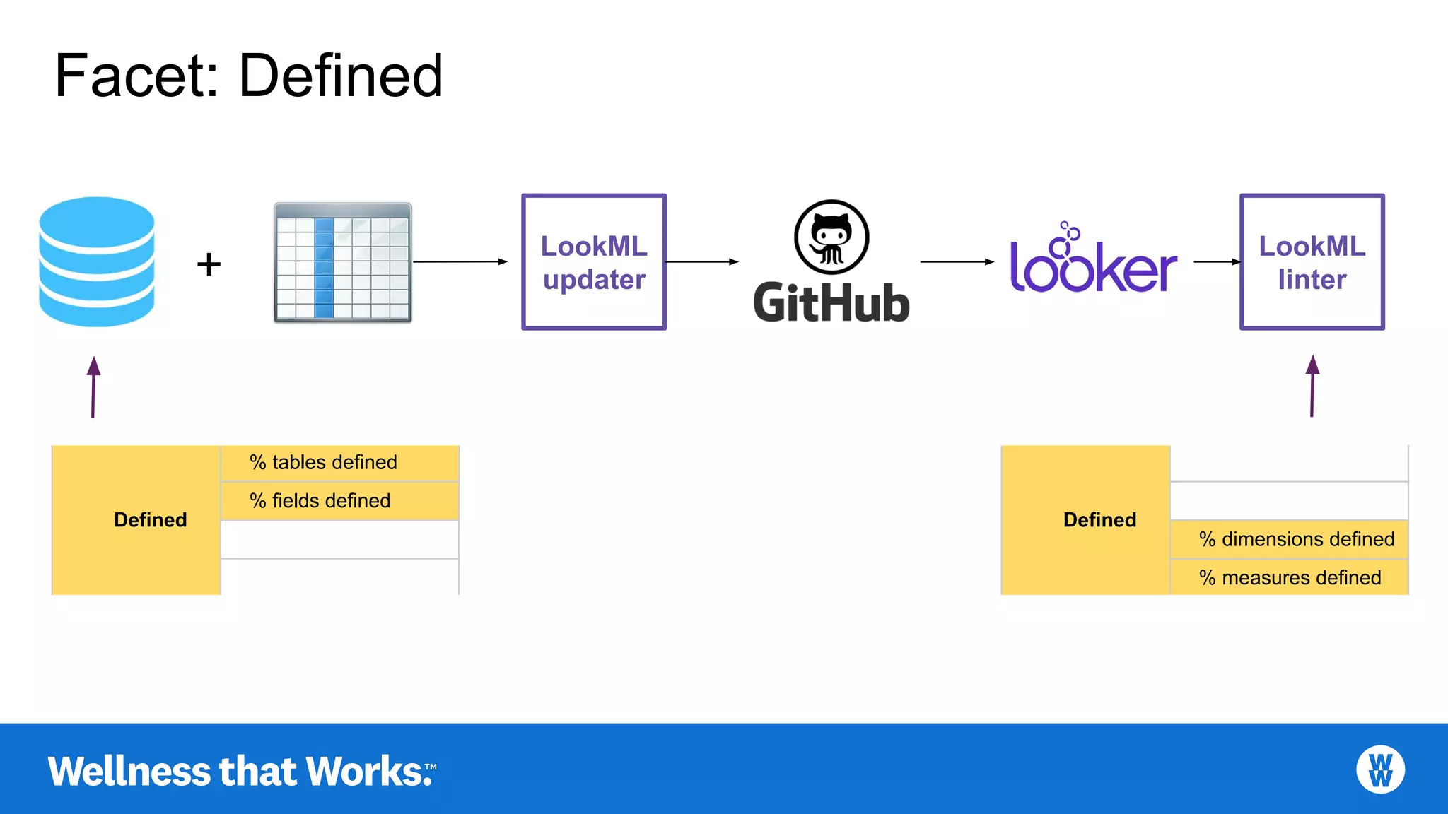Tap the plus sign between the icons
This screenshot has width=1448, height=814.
(209, 264)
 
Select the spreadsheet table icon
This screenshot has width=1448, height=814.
(343, 263)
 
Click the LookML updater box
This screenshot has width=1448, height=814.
(594, 262)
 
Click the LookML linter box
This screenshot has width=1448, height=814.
(1312, 262)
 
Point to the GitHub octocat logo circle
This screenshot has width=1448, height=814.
(831, 237)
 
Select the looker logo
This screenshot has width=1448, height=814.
(1093, 261)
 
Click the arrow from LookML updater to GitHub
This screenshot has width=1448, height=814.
(701, 261)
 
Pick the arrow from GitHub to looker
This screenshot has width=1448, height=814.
(957, 261)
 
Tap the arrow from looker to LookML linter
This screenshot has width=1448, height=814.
(1217, 261)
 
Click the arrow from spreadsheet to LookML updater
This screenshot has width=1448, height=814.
(460, 261)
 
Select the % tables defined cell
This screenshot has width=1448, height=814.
(339, 463)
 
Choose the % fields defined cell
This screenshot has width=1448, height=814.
(339, 501)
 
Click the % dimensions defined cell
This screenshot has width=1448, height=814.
(1289, 539)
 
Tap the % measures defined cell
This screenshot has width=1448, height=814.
(1289, 577)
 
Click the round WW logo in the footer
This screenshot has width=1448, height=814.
(1380, 769)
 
